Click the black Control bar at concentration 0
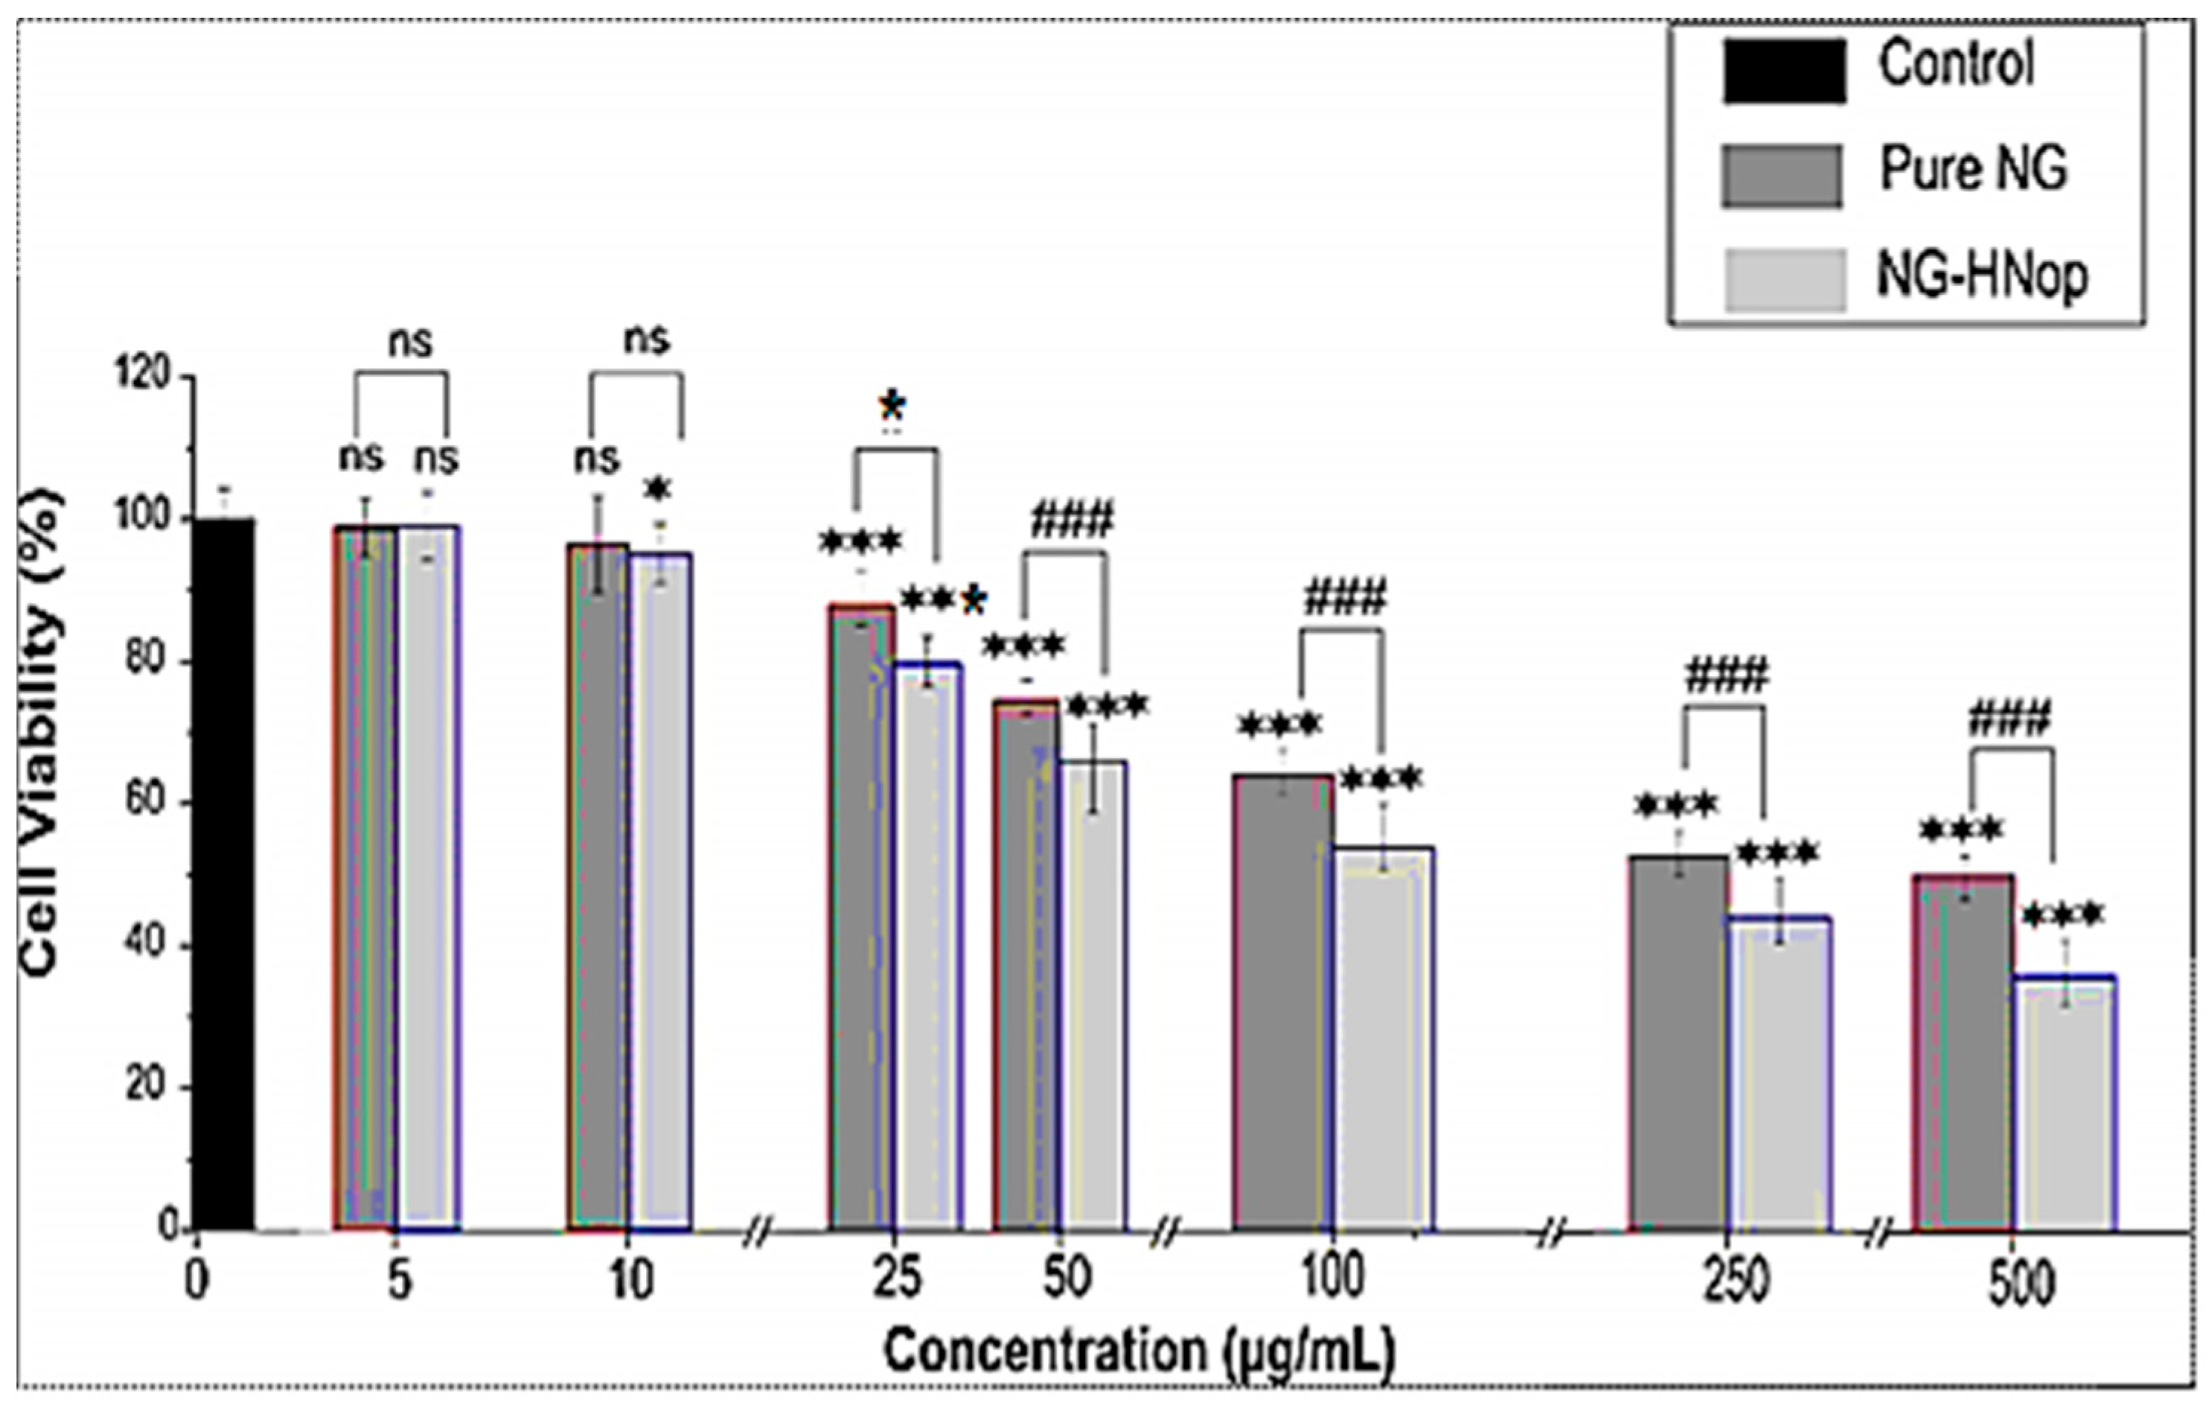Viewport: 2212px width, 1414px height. point(224,873)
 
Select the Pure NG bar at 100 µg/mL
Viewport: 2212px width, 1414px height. point(1282,1001)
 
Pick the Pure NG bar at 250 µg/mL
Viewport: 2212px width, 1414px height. point(1678,1042)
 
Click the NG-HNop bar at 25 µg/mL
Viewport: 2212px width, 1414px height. point(928,946)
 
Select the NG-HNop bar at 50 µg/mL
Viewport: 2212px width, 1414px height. point(1093,997)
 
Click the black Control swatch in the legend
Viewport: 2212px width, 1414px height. point(1783,71)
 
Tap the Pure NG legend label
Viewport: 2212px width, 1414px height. point(1973,170)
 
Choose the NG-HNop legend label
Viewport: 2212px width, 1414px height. point(1981,276)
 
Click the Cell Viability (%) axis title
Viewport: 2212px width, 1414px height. point(42,735)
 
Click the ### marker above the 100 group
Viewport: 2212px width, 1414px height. point(1343,599)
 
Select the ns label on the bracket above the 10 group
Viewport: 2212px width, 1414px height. point(647,340)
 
